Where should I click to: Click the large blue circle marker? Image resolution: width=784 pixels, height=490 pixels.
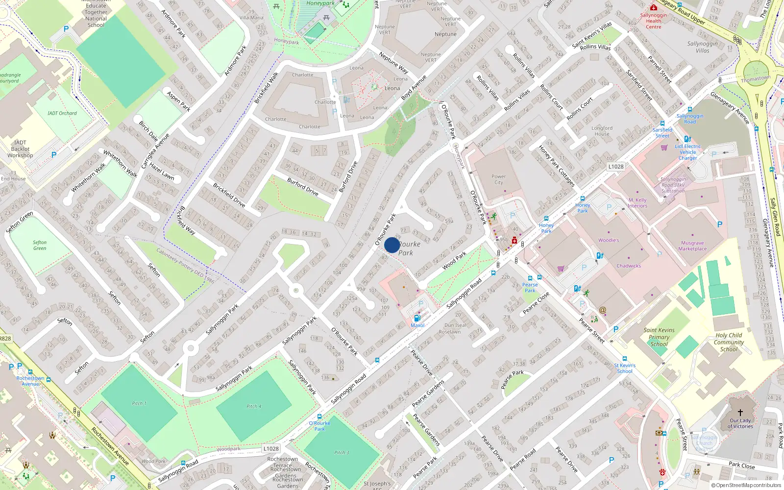click(x=392, y=245)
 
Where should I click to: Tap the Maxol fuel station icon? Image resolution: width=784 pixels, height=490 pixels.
click(x=417, y=318)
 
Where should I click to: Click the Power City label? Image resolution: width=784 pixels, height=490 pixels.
click(x=498, y=179)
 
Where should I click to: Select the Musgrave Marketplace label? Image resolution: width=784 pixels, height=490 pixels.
click(x=692, y=246)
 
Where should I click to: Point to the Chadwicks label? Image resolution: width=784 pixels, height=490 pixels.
click(x=629, y=266)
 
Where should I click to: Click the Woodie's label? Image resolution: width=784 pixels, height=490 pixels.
click(x=609, y=241)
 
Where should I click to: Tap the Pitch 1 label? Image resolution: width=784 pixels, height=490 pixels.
click(x=139, y=403)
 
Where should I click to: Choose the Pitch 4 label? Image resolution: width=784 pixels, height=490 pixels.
click(x=254, y=406)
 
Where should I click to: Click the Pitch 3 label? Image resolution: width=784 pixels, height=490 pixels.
click(x=342, y=452)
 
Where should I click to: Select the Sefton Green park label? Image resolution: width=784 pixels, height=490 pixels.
click(x=40, y=245)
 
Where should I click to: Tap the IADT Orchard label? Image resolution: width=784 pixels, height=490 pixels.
click(x=62, y=113)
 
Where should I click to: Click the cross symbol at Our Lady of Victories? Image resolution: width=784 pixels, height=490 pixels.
click(x=740, y=413)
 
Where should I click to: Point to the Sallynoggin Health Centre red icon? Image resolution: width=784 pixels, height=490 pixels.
click(x=653, y=7)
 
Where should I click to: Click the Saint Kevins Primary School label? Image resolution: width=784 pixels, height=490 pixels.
click(x=659, y=337)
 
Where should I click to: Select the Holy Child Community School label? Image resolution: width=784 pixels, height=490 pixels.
click(x=729, y=342)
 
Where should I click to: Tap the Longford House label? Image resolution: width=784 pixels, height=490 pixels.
click(x=602, y=131)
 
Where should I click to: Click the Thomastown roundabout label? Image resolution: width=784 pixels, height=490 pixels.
click(x=756, y=79)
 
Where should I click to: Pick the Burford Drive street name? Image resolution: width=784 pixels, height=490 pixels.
click(x=303, y=187)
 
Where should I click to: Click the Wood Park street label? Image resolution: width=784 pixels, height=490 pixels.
click(x=454, y=260)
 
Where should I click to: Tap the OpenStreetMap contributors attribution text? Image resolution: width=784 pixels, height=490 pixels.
click(x=746, y=485)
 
